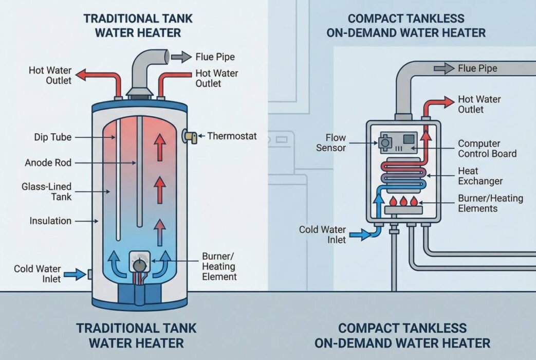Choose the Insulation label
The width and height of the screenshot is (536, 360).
(50, 221)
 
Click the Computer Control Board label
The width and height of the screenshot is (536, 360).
(487, 149)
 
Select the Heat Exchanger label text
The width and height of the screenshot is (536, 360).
(480, 176)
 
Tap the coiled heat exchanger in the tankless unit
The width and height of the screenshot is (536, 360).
(404, 175)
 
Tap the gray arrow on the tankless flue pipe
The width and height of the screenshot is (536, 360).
(445, 68)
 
